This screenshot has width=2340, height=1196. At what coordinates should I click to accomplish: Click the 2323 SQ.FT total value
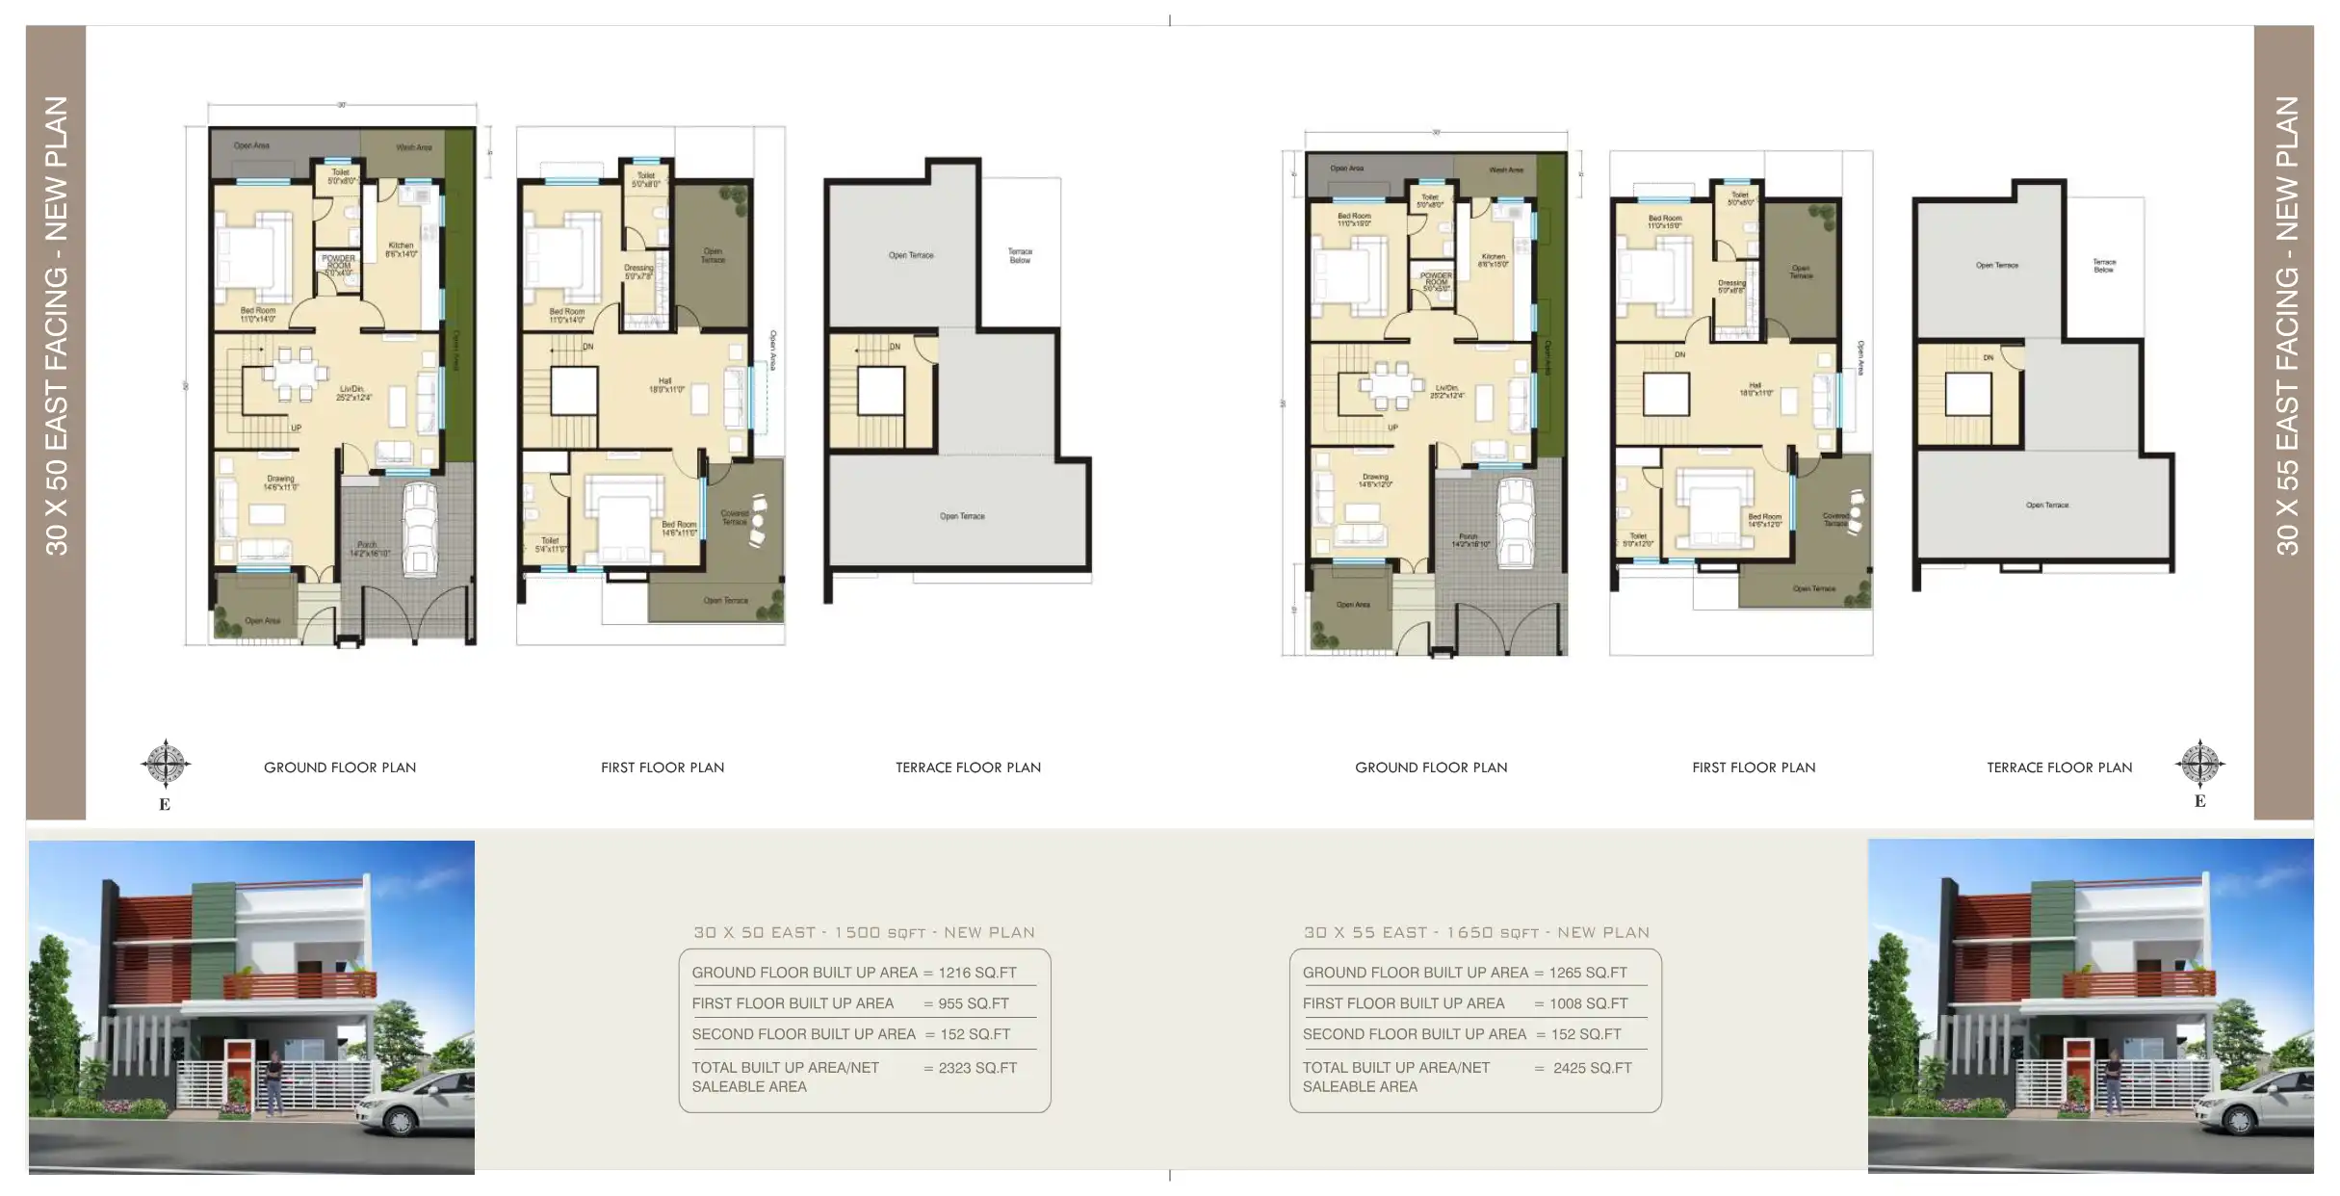click(x=976, y=1068)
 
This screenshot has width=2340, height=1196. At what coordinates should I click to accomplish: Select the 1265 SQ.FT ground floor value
click(x=1587, y=973)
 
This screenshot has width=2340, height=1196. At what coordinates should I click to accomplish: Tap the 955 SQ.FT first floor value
click(x=973, y=1003)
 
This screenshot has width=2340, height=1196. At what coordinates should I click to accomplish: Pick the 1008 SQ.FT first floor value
click(x=1588, y=1003)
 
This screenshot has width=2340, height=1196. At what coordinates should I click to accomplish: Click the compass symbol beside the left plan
click(x=166, y=766)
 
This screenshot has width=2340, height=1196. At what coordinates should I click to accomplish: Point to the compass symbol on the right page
click(x=2199, y=765)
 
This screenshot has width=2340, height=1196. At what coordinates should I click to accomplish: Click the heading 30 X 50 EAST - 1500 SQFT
click(x=864, y=932)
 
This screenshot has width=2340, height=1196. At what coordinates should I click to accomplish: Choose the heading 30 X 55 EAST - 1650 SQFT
click(x=1475, y=932)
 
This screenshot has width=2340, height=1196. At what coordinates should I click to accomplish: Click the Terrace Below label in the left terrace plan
click(x=1020, y=255)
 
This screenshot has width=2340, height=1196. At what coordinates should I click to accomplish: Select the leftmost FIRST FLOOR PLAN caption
click(x=662, y=767)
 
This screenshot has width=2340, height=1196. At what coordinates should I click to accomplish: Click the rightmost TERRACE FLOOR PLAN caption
click(x=2059, y=767)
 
